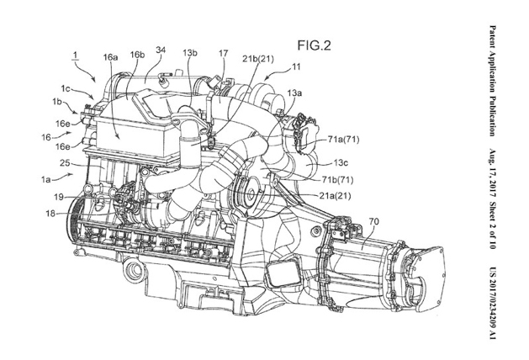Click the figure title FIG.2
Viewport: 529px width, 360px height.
[314, 45]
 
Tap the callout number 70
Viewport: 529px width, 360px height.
[373, 222]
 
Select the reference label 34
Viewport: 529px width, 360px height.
[161, 50]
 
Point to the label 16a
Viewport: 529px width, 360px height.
[110, 57]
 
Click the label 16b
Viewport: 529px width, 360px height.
[137, 55]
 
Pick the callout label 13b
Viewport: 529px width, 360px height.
[190, 53]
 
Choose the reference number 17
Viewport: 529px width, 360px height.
[223, 53]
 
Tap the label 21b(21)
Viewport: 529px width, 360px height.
[258, 59]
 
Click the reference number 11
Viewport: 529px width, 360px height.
[296, 66]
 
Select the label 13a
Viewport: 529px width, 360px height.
[294, 93]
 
